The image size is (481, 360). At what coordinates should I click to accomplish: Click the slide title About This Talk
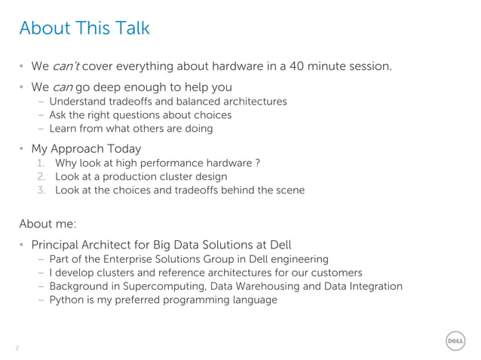[84, 29]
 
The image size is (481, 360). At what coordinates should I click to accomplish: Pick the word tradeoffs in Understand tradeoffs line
[129, 102]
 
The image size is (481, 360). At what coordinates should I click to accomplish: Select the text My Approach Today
[86, 148]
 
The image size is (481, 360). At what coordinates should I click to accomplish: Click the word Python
[66, 300]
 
